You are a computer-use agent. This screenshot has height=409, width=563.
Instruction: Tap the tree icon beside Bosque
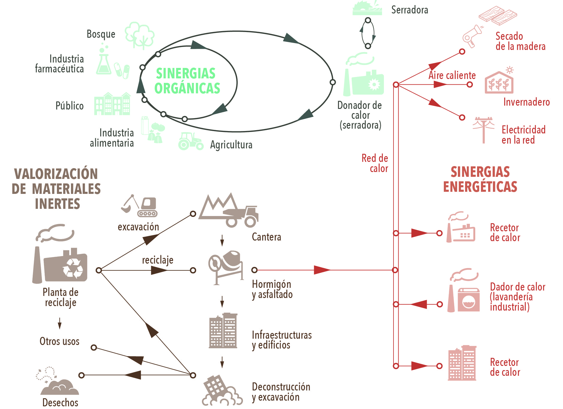point(140,36)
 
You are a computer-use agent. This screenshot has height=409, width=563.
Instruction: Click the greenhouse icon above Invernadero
point(499,82)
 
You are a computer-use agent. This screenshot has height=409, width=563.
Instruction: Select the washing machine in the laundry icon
point(469,300)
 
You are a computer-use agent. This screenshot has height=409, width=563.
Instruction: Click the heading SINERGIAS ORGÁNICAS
point(187,81)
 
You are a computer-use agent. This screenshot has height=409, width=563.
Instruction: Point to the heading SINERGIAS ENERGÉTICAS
point(480,179)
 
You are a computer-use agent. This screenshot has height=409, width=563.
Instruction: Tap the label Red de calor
point(375,163)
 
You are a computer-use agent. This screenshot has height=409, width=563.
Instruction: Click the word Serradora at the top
point(410,10)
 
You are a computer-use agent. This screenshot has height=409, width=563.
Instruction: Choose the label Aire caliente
point(452,75)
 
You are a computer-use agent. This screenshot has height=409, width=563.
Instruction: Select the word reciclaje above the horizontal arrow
point(158,260)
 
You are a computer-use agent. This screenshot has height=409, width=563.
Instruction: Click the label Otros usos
point(60,341)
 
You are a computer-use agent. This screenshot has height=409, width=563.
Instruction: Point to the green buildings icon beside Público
point(113,104)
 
